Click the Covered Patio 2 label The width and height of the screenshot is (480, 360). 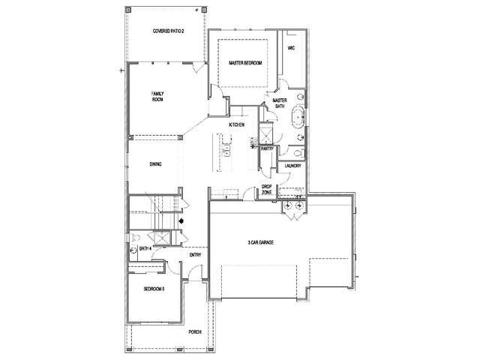(x=168, y=31)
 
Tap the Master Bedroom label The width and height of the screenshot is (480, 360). (x=245, y=63)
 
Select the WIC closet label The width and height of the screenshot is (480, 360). (x=292, y=48)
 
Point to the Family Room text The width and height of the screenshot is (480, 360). (x=157, y=97)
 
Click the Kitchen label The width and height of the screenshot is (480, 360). (x=237, y=125)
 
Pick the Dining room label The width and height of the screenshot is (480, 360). (x=155, y=164)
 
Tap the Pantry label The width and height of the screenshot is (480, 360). (x=267, y=148)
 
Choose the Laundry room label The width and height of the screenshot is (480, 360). (x=292, y=166)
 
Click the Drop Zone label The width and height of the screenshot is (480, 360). (x=267, y=189)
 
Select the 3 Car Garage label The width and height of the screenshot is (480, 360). (x=261, y=242)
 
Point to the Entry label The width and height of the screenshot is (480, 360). (x=195, y=255)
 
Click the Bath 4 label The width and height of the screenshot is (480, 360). (x=145, y=248)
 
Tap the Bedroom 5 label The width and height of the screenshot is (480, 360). (x=154, y=289)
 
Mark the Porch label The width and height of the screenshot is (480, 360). (x=195, y=331)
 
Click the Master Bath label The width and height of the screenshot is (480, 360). (x=280, y=103)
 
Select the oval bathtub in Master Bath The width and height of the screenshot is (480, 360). (x=298, y=117)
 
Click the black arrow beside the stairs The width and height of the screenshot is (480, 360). (x=181, y=220)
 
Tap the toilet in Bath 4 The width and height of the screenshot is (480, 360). (x=135, y=237)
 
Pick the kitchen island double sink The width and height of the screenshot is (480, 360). (x=226, y=151)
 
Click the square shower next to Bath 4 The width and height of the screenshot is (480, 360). (x=161, y=238)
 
